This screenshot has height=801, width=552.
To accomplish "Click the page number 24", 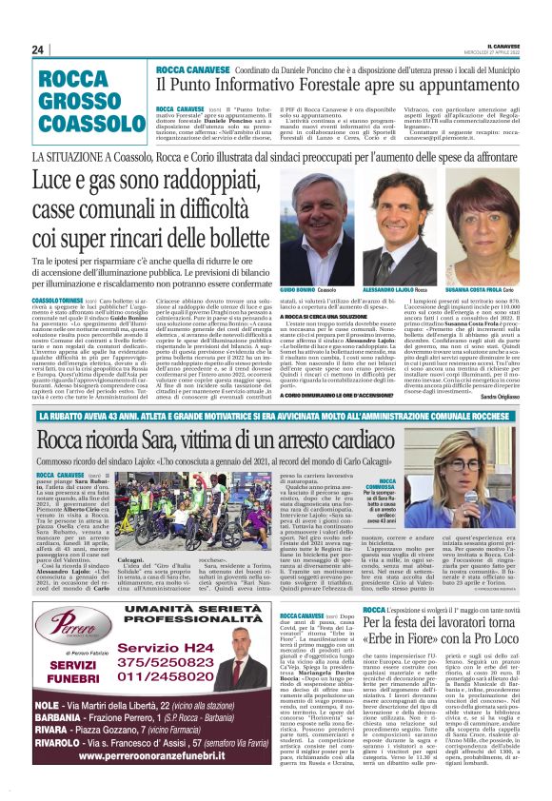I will click(38, 49).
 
